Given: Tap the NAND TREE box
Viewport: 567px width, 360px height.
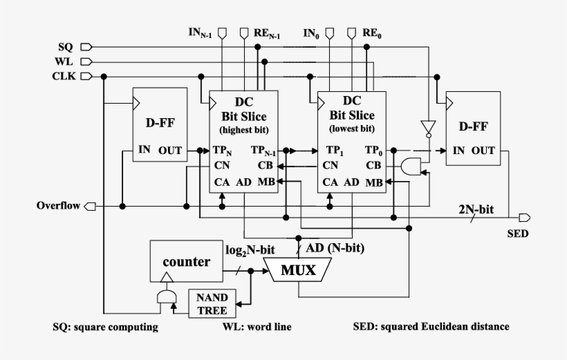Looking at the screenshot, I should pyautogui.click(x=212, y=303).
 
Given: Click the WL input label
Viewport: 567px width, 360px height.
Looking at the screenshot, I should pyautogui.click(x=64, y=61).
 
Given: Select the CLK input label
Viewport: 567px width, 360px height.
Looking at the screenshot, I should pyautogui.click(x=63, y=76).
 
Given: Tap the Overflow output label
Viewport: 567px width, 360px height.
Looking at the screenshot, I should pyautogui.click(x=57, y=206).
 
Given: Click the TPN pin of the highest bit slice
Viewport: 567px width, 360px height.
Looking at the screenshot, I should pyautogui.click(x=223, y=150).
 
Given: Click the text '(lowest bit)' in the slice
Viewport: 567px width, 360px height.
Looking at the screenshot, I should pyautogui.click(x=352, y=129).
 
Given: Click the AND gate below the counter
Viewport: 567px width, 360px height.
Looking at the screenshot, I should pyautogui.click(x=166, y=298).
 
